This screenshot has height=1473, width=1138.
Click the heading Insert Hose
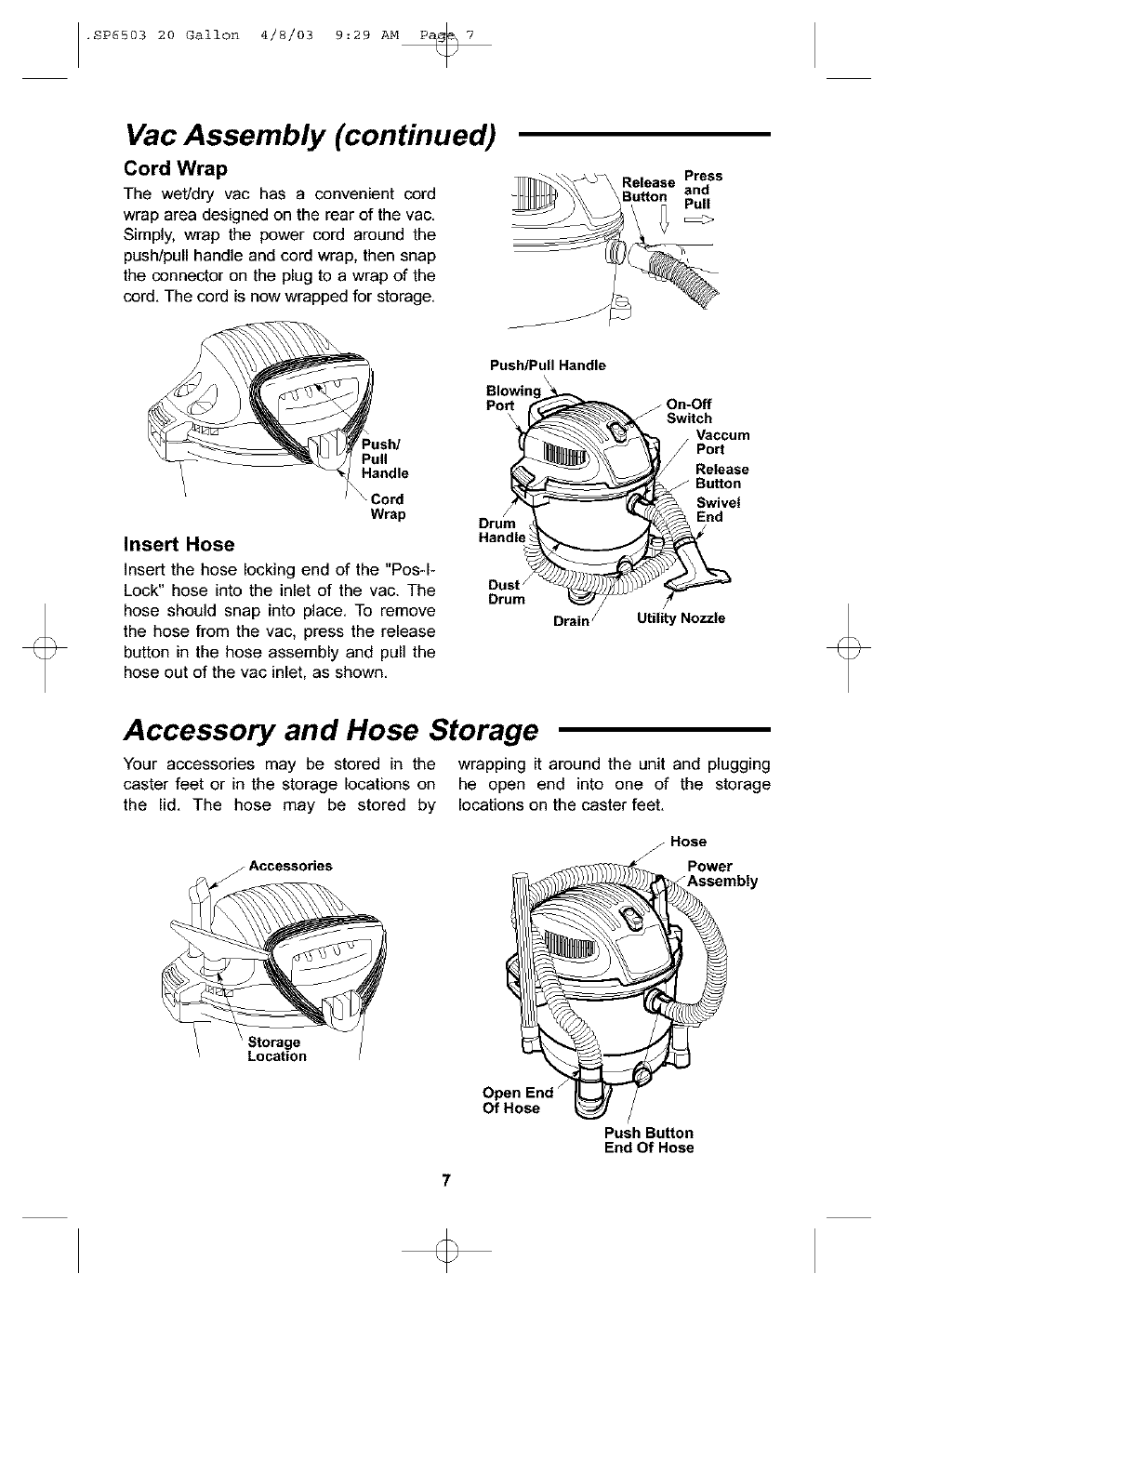pyautogui.click(x=179, y=544)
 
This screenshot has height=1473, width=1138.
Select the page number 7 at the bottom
pyautogui.click(x=446, y=1181)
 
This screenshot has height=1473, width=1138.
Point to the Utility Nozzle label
pyautogui.click(x=681, y=618)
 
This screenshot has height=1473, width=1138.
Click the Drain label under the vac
pyautogui.click(x=571, y=620)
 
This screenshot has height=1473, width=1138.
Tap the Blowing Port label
pyautogui.click(x=512, y=398)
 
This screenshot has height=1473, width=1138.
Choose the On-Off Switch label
pyautogui.click(x=689, y=411)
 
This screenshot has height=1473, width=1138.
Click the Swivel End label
pyautogui.click(x=715, y=511)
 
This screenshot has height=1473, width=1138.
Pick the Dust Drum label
pyautogui.click(x=505, y=592)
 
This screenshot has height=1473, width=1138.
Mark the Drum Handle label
pyautogui.click(x=501, y=530)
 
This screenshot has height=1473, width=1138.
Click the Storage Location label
pyautogui.click(x=276, y=1050)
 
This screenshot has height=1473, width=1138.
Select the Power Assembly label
pyautogui.click(x=721, y=874)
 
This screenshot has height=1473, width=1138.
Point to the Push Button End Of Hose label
pyautogui.click(x=648, y=1140)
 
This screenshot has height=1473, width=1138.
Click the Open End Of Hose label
pyautogui.click(x=517, y=1100)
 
